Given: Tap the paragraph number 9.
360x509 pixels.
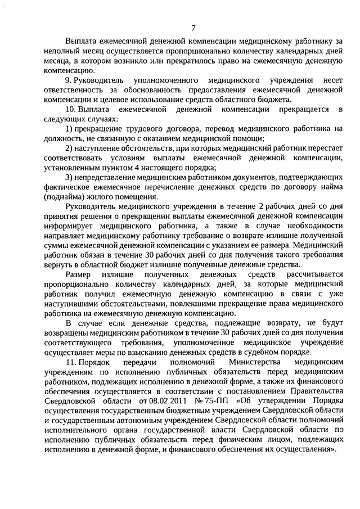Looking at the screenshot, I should tap(69, 80).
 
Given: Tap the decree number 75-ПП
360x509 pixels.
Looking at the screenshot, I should tap(189, 400).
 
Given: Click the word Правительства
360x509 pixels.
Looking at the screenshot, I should tap(312, 391).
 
